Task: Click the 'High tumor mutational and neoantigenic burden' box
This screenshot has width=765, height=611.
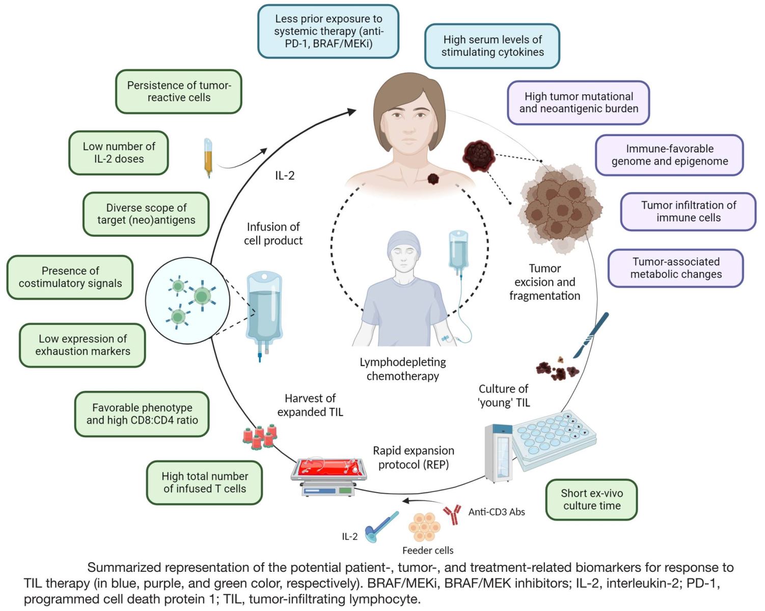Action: point(578,103)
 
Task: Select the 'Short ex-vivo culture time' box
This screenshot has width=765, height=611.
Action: point(591,499)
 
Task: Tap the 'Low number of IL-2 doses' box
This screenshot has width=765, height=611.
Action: point(119,153)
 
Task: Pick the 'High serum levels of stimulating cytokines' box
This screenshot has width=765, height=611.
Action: point(492,46)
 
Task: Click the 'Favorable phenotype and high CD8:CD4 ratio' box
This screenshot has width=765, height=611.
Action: point(142,414)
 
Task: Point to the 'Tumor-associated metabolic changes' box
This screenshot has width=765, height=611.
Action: point(675,268)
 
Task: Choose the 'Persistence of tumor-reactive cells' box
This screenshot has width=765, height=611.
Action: point(178,92)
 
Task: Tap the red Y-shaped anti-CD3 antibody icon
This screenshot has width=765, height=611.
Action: point(452,513)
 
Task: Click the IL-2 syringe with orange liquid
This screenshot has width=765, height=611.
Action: point(208,157)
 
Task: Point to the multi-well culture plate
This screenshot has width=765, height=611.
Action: point(554,437)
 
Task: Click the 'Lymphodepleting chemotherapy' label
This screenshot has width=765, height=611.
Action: point(402,369)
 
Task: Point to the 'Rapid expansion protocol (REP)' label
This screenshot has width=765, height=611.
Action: point(413,457)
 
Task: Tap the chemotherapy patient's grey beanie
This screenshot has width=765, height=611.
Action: point(404,243)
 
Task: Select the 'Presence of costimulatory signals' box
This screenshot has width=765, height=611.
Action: point(70,277)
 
